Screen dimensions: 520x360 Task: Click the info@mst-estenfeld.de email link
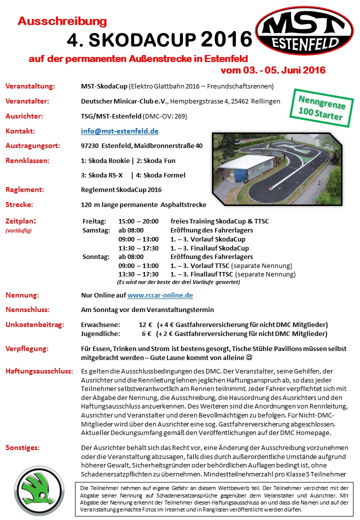[x=119, y=131]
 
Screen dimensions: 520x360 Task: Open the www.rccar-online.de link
[x=160, y=295]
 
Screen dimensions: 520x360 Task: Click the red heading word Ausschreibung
[x=62, y=21]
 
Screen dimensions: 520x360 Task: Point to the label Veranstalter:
[x=27, y=101]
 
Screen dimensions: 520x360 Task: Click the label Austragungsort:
[x=32, y=146]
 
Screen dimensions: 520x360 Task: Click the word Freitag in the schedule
[x=94, y=221]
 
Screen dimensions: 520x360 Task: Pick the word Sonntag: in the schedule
[x=95, y=257]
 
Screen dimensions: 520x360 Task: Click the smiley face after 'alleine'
[x=248, y=357]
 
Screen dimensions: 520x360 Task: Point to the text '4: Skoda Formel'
[x=160, y=175]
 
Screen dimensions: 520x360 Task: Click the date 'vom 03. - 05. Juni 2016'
[x=273, y=70]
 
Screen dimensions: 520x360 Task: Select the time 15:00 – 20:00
[x=138, y=221]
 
